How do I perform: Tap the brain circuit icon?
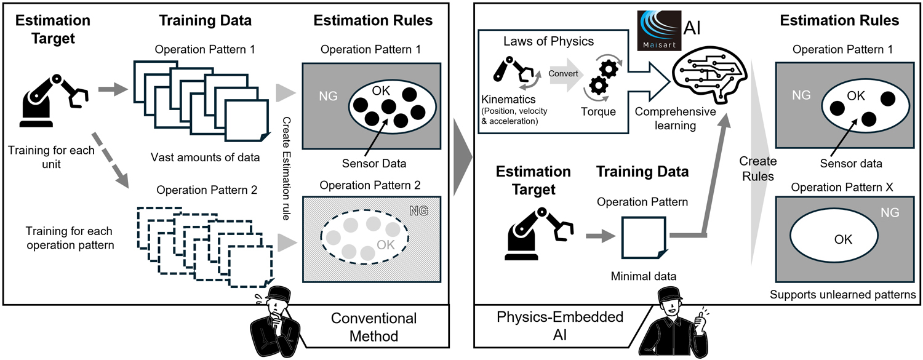click(x=697, y=74)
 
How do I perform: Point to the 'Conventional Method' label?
click(x=374, y=327)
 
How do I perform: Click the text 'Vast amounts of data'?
click(x=205, y=158)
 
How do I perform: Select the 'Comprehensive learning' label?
click(x=675, y=118)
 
